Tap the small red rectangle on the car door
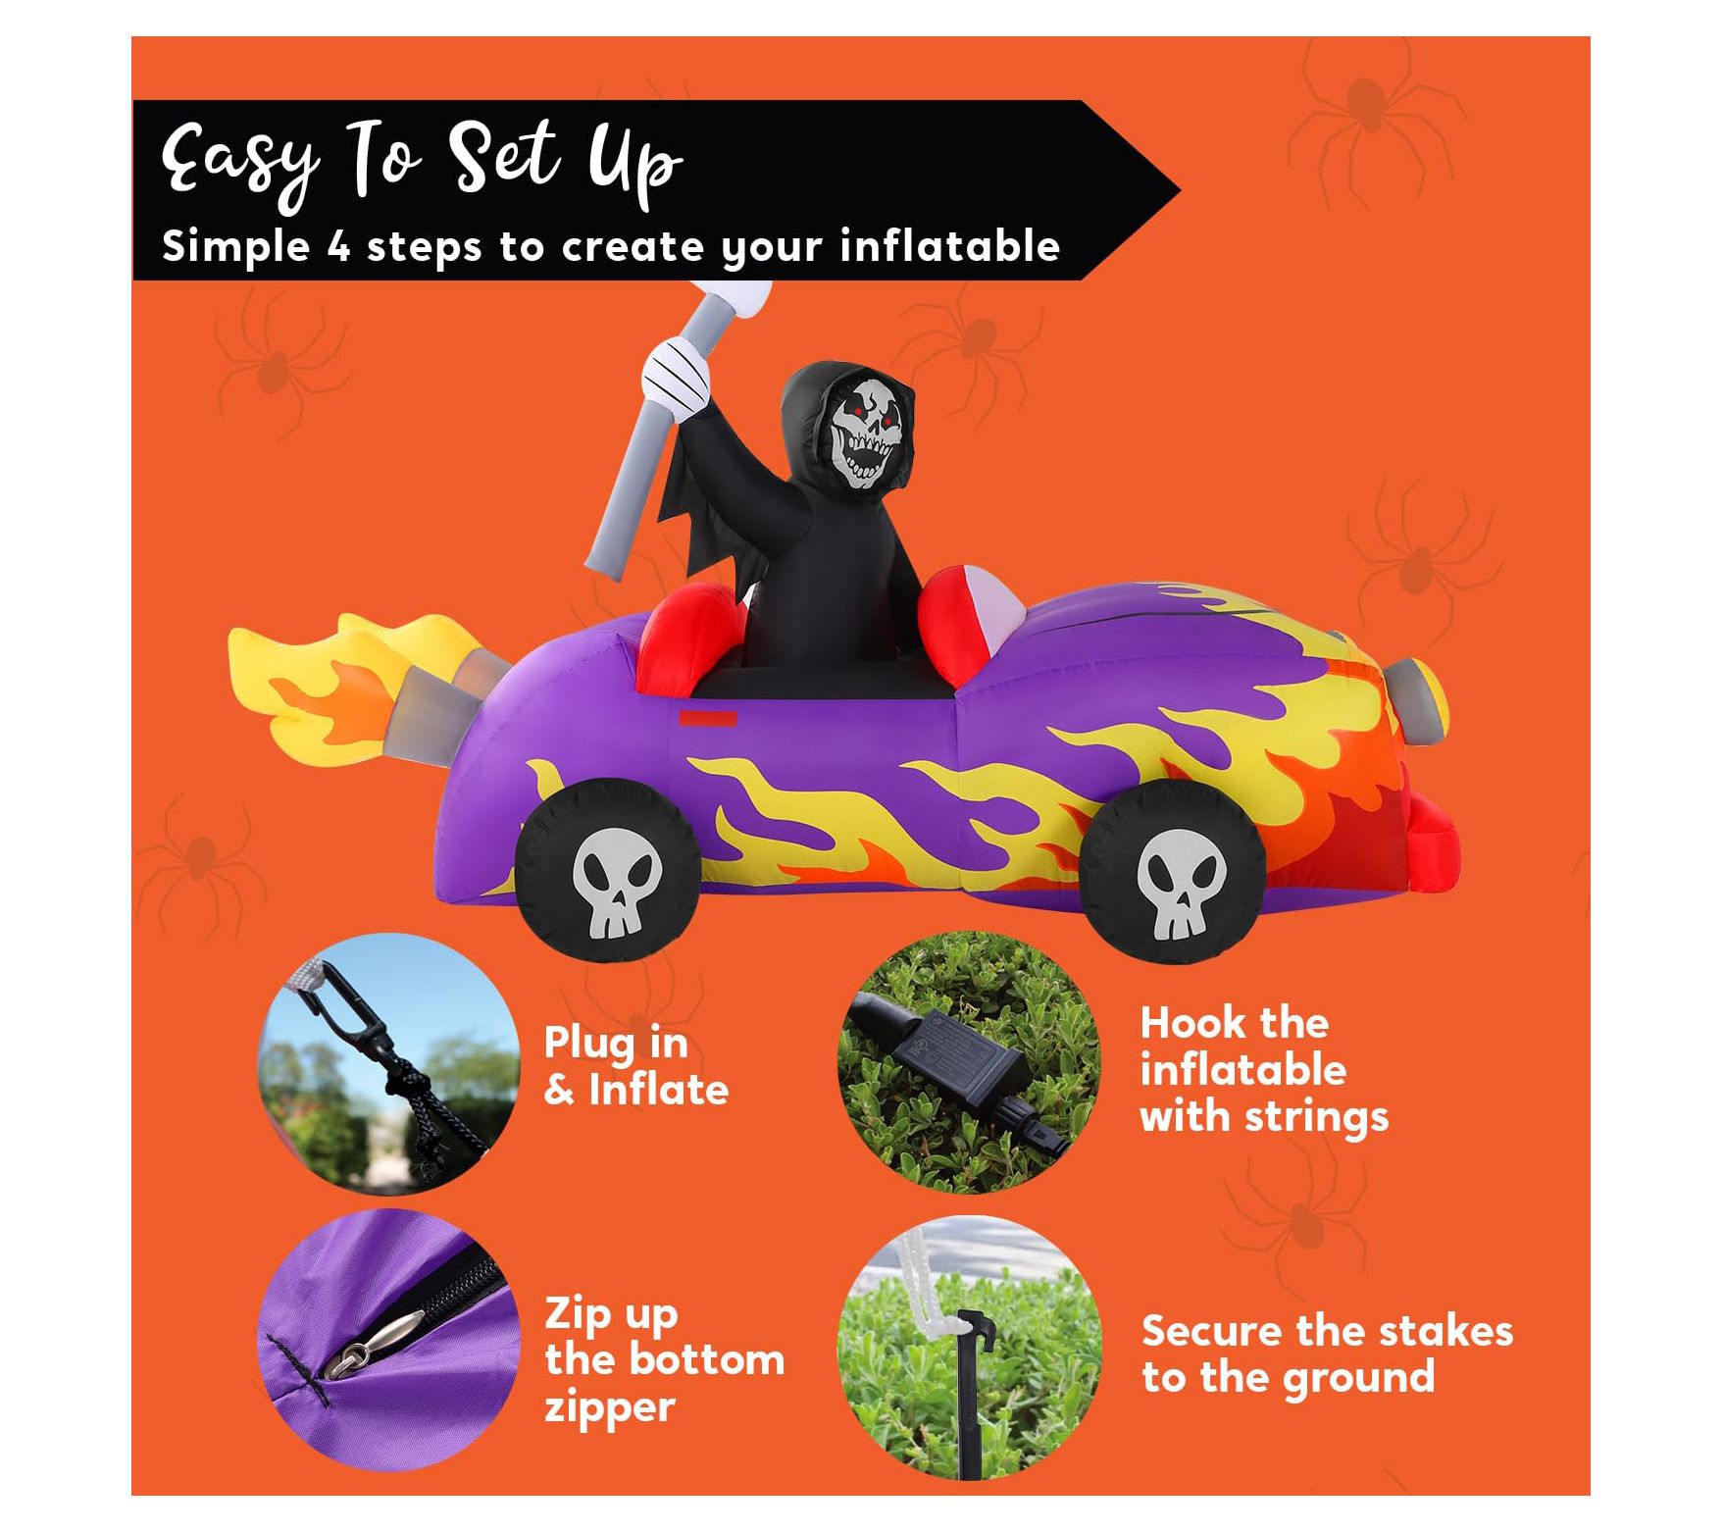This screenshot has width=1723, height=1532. pos(709,718)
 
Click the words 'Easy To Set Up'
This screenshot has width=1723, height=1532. pos(422,162)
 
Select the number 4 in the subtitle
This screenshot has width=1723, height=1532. pos(338,246)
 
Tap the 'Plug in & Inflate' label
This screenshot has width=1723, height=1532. pos(636,1066)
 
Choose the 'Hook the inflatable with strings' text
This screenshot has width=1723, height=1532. pos(1264,1070)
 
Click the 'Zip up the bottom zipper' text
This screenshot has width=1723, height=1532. pos(665,1361)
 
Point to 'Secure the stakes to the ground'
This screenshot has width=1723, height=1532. pos(1327,1354)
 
